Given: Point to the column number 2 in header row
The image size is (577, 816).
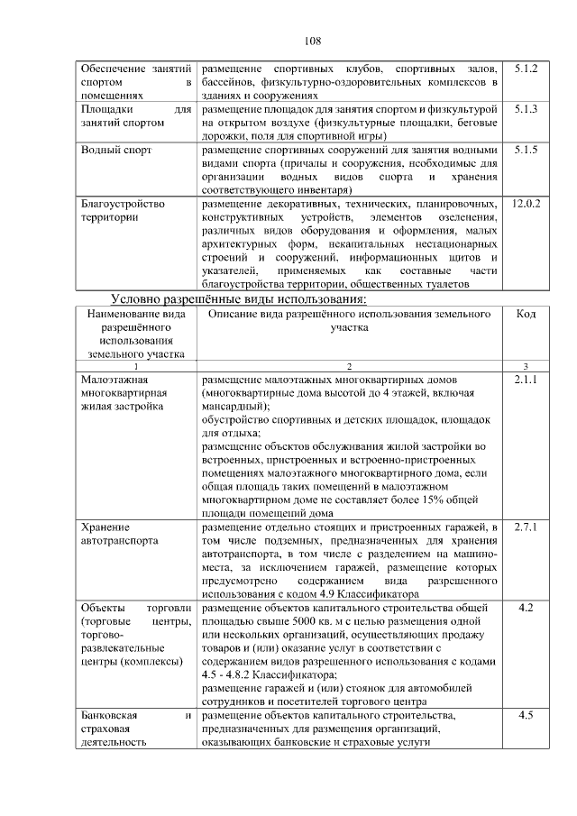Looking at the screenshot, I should (x=349, y=366).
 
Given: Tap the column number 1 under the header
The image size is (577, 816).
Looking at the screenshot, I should (x=136, y=366).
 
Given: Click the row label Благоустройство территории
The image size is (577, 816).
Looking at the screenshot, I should (x=123, y=210).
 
